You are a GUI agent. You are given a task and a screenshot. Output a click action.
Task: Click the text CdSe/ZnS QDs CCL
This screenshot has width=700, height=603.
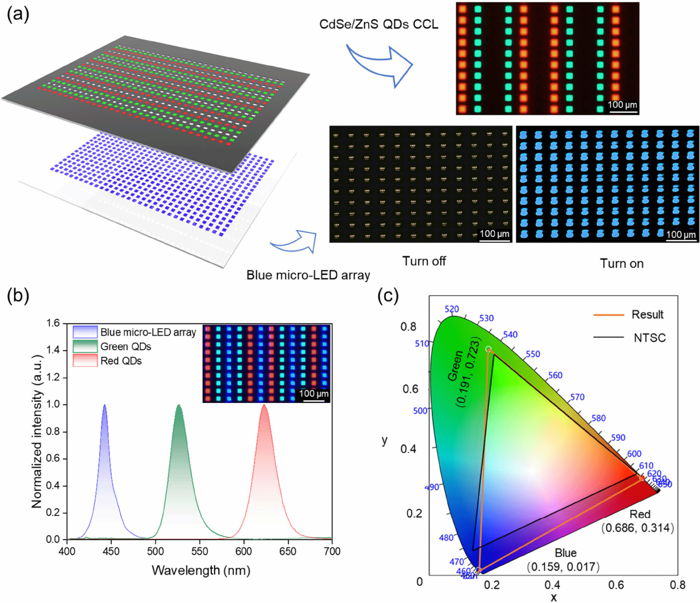tap(378, 24)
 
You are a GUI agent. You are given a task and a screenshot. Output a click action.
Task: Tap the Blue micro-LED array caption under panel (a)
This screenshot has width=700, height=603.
tap(308, 275)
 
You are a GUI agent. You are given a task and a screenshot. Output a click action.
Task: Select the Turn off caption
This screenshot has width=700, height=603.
tap(424, 261)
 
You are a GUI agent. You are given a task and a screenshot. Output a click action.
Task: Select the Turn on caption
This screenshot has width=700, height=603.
tap(621, 263)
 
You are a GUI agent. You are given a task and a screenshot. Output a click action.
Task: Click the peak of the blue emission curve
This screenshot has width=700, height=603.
tap(104, 405)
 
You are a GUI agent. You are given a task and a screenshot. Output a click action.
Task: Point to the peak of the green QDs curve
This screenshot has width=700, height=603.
tap(179, 405)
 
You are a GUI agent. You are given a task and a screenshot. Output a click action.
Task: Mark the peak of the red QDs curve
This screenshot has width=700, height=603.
tap(264, 405)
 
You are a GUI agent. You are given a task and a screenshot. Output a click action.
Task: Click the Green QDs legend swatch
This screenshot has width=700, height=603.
tap(85, 346)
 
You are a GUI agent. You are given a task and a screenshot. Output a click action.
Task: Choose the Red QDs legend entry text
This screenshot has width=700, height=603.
tap(121, 361)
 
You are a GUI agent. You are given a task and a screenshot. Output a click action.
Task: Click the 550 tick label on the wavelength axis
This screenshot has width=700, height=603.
tap(200, 551)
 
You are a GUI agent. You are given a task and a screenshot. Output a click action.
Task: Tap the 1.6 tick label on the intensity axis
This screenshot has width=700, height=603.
tap(53, 323)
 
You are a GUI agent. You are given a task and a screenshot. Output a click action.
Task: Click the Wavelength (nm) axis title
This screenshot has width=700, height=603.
tap(201, 570)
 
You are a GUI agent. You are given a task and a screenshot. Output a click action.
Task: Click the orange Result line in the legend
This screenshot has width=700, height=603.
tap(608, 315)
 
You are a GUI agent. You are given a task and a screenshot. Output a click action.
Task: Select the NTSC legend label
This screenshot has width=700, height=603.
tap(649, 338)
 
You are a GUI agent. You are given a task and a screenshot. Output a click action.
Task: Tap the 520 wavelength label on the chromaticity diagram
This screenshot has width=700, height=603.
tap(452, 309)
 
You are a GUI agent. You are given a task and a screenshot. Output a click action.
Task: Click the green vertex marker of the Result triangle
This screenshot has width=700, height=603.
tap(488, 349)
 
